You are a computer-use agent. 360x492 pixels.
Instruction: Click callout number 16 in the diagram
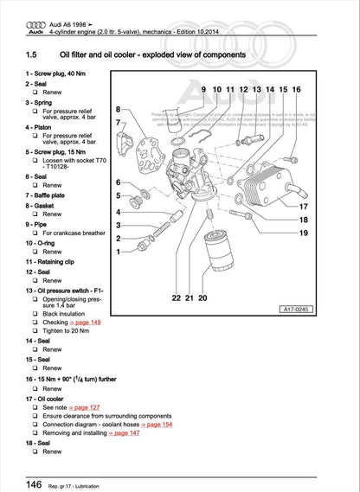[x=297, y=90]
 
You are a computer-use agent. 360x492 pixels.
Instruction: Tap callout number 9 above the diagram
[x=203, y=90]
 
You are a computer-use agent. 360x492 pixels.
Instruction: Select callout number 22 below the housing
[x=176, y=297]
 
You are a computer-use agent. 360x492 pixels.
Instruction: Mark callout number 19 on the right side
[x=303, y=233]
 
